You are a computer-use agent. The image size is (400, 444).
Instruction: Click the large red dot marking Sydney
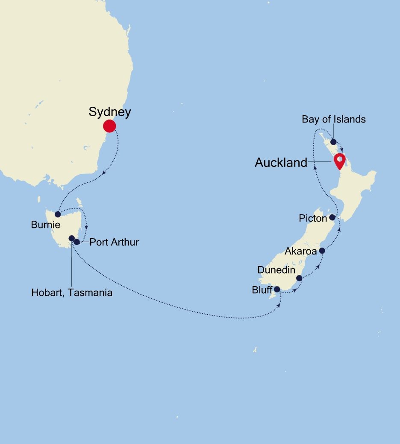[109, 126]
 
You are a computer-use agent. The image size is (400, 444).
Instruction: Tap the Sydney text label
[110, 112]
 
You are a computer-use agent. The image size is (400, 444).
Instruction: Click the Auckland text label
[281, 163]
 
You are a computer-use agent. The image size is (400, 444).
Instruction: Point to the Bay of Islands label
[333, 119]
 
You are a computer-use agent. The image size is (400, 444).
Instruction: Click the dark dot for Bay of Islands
[333, 142]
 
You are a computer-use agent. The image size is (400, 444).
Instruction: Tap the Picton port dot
[332, 217]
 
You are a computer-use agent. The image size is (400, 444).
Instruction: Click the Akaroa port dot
[322, 251]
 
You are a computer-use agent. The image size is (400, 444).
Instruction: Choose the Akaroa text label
[301, 251]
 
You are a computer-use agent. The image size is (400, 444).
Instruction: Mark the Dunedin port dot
[299, 278]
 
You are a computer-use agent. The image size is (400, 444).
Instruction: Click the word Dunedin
[276, 270]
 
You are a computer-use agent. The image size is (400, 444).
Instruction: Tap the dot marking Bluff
[276, 289]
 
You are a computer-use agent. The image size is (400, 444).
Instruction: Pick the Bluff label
[262, 290]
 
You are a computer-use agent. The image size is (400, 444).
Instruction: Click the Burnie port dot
[58, 214]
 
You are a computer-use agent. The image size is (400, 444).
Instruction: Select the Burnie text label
[46, 225]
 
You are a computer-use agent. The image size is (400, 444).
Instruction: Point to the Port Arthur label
[114, 242]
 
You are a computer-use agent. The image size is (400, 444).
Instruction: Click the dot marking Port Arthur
[76, 242]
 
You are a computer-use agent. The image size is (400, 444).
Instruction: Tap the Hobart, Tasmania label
[72, 293]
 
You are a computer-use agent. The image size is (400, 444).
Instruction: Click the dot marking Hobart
[71, 238]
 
